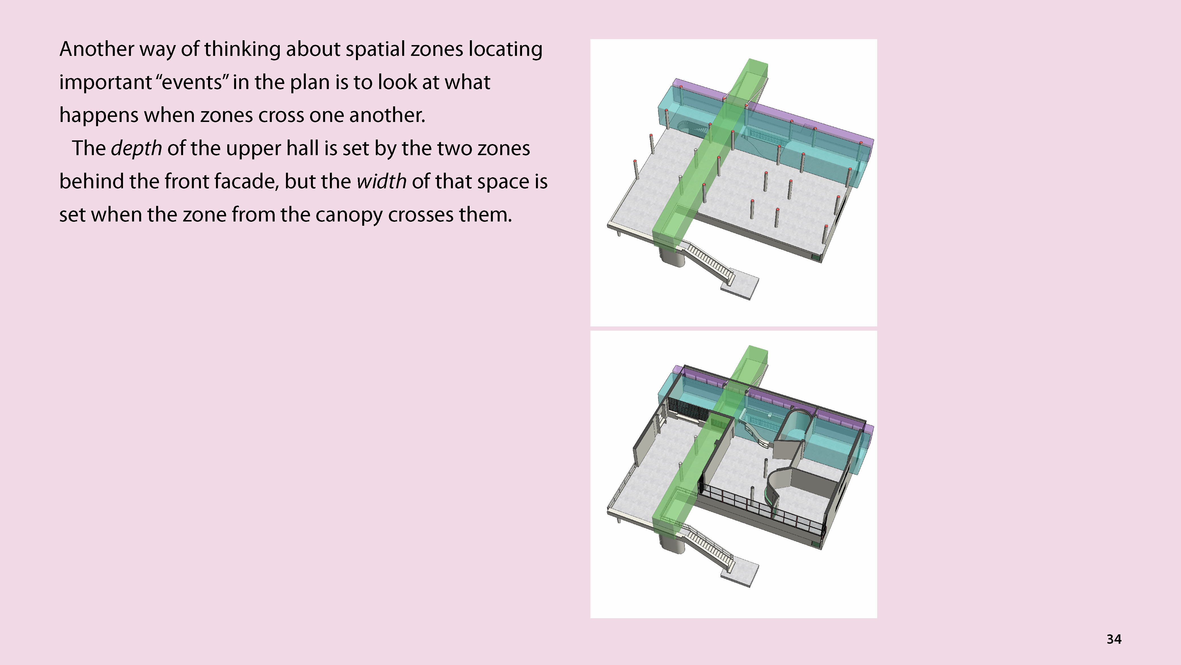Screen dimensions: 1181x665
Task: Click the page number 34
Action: click(x=1114, y=639)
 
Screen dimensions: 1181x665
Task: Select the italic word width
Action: click(x=381, y=181)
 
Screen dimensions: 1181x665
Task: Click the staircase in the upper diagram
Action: click(x=708, y=261)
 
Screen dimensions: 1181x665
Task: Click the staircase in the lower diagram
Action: click(x=708, y=548)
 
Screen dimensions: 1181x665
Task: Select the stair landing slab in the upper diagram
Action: click(x=739, y=287)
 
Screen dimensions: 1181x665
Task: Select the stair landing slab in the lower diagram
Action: click(x=739, y=574)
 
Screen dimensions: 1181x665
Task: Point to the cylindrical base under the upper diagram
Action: click(x=672, y=257)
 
